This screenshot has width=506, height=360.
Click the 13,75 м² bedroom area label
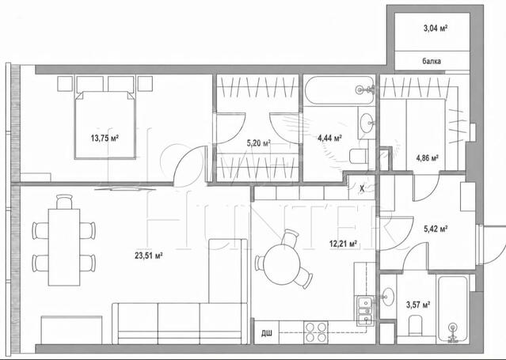click(105, 138)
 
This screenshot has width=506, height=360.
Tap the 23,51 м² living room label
click(148, 256)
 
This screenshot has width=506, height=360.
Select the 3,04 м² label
click(436, 28)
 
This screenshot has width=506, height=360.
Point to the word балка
click(432, 61)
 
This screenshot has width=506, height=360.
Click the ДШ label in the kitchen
click(266, 333)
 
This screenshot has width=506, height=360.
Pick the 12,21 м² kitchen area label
click(343, 244)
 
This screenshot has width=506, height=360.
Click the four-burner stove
click(316, 332)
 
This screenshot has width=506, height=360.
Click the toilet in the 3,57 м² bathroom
click(415, 325)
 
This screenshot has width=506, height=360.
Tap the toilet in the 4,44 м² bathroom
click(359, 156)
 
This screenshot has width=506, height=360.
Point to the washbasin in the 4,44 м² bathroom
click(367, 123)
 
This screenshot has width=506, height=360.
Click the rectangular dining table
click(64, 247)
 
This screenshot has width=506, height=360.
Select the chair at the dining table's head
click(64, 202)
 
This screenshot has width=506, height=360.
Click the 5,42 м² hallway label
click(436, 229)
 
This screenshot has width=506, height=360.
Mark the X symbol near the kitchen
click(362, 189)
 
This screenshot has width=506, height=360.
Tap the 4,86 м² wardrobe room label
click(427, 158)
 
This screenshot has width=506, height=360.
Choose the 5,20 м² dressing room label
click(258, 143)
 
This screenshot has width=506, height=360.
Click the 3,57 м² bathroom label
click(418, 305)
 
